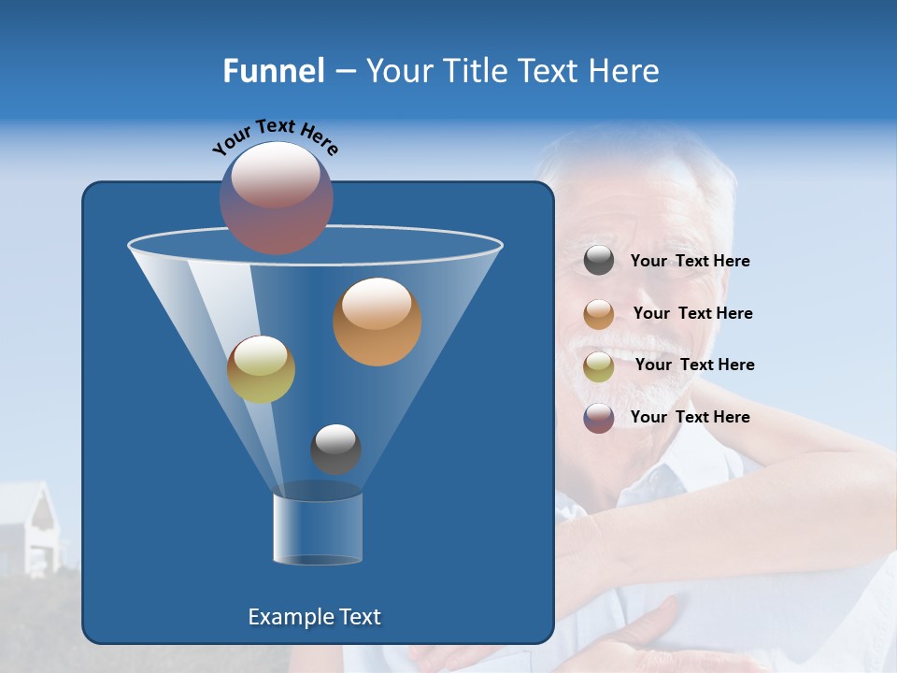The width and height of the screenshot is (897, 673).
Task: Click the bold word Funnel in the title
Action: click(x=273, y=71)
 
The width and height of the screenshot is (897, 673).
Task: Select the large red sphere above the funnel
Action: click(x=277, y=197)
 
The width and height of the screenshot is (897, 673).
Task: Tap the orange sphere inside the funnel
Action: click(x=377, y=321)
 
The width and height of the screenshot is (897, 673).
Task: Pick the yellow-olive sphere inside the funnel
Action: click(x=261, y=369)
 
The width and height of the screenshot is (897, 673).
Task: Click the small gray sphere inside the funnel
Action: click(x=335, y=449)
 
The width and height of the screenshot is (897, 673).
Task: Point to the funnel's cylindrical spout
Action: click(x=317, y=529)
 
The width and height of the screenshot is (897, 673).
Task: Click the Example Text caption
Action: click(x=314, y=617)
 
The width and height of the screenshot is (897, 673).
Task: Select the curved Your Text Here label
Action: click(x=275, y=136)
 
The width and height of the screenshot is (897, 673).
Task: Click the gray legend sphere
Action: click(x=599, y=261)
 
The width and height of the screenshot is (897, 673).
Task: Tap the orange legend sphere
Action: click(x=599, y=313)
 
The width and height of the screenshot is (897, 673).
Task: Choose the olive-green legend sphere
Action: click(x=599, y=365)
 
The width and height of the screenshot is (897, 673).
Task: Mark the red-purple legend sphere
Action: click(x=599, y=418)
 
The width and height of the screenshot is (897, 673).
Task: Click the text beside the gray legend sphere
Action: click(x=690, y=262)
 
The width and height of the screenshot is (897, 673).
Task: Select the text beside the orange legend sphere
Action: click(x=692, y=314)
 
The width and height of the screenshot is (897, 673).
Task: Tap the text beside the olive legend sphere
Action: click(x=694, y=365)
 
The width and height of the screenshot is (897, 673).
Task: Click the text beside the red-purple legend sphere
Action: click(x=690, y=418)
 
